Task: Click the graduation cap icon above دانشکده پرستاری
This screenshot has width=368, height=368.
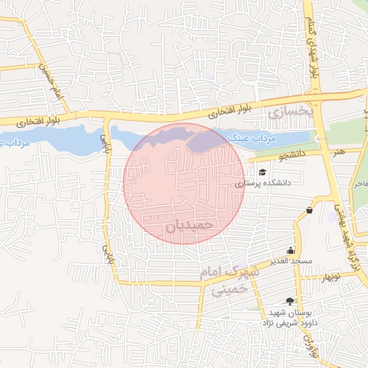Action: click(262, 173)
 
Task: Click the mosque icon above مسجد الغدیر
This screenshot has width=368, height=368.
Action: click(290, 250)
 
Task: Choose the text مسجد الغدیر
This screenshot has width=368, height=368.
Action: click(290, 260)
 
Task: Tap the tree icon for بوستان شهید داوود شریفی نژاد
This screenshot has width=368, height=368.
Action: click(290, 302)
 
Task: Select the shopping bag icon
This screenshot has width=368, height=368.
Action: click(309, 211)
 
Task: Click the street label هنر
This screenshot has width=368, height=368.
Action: click(334, 152)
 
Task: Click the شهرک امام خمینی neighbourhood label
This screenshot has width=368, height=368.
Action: click(231, 281)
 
